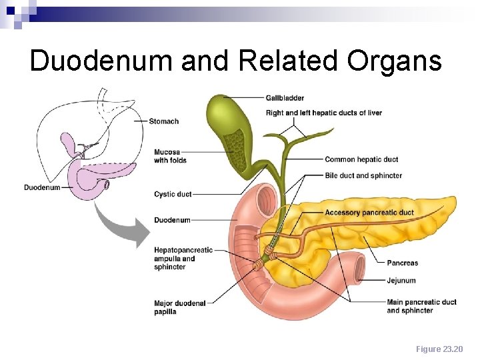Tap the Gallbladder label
(285, 98)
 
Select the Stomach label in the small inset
(164, 121)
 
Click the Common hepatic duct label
(361, 159)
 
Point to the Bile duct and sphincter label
(363, 175)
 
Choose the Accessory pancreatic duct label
(369, 213)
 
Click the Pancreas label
(403, 263)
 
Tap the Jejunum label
(401, 281)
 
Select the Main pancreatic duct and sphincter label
(421, 306)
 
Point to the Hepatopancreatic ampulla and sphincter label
(183, 259)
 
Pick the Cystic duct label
(173, 194)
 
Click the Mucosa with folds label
(170, 156)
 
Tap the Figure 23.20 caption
(439, 349)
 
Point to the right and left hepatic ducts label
(323, 113)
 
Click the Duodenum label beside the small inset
(42, 187)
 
